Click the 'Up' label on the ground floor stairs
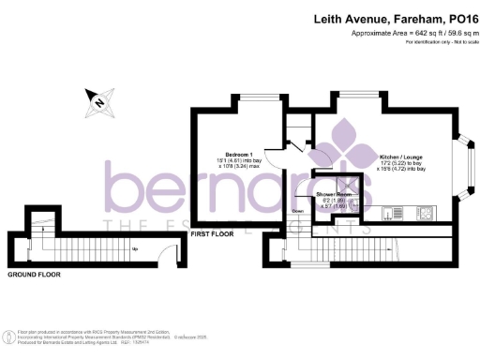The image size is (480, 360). click(135, 248)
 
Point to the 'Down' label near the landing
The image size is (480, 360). click(297, 211)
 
